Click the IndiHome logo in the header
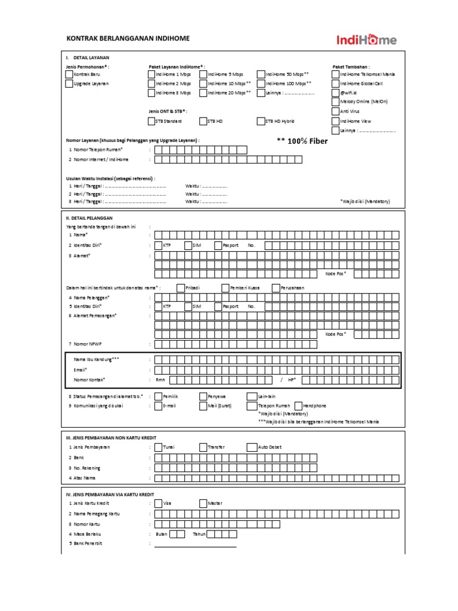click(366, 40)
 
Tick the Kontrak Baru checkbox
click(69, 74)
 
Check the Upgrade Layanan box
click(69, 84)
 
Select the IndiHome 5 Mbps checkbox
click(203, 74)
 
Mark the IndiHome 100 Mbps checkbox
click(261, 84)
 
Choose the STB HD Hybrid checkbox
click(261, 121)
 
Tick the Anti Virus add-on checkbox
click(335, 111)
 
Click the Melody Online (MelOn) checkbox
click(335, 102)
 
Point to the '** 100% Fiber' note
click(302, 141)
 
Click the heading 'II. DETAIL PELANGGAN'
click(89, 218)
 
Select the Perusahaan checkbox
click(276, 288)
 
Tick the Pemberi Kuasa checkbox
click(225, 288)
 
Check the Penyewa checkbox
click(203, 396)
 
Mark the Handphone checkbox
click(298, 405)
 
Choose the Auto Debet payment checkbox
click(250, 447)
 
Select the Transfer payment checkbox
click(203, 447)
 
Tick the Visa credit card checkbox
click(158, 503)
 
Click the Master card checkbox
click(203, 503)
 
